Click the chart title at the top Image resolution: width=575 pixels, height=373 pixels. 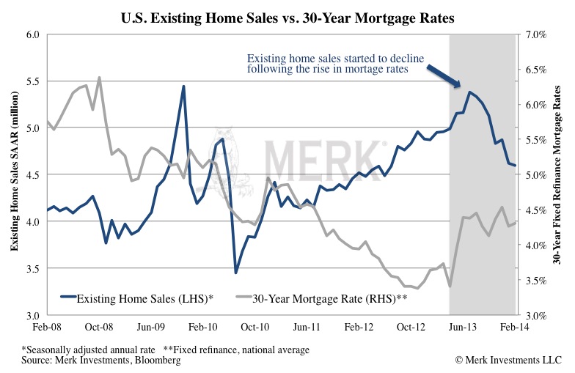(287, 16)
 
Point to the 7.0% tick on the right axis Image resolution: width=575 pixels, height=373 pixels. (534, 34)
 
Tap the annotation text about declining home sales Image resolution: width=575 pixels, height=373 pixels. (338, 64)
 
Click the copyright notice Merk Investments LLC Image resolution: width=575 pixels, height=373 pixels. (508, 361)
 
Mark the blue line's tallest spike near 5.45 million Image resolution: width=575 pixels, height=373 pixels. (183, 86)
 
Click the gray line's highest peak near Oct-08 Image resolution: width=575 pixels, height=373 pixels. (99, 77)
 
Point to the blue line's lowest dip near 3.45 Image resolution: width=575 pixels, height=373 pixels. (235, 273)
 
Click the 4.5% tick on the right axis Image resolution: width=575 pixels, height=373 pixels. (534, 210)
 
